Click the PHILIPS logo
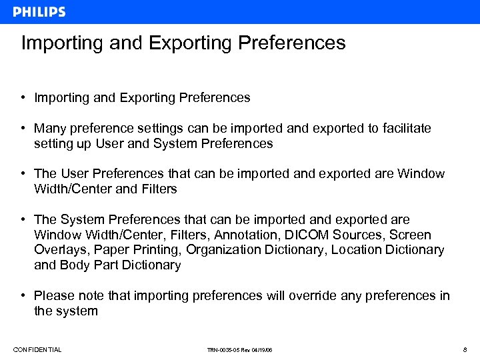tap(39, 12)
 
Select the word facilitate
tap(402, 128)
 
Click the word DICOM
tap(306, 235)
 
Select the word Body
tap(75, 265)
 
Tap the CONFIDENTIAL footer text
tap(37, 350)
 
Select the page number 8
tap(464, 350)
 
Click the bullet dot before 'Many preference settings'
tap(23, 128)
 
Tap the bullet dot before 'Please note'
tap(23, 296)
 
